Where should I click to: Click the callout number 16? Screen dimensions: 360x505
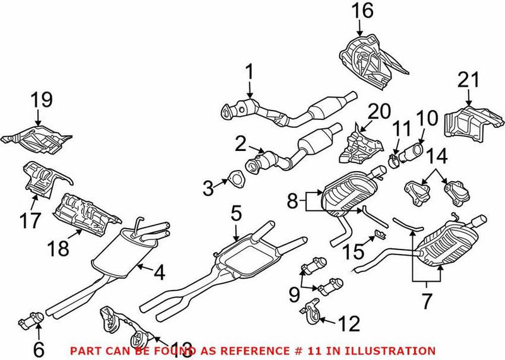[x=363, y=10]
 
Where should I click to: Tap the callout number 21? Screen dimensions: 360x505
[x=468, y=80]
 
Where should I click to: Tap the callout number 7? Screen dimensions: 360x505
[x=427, y=301]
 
